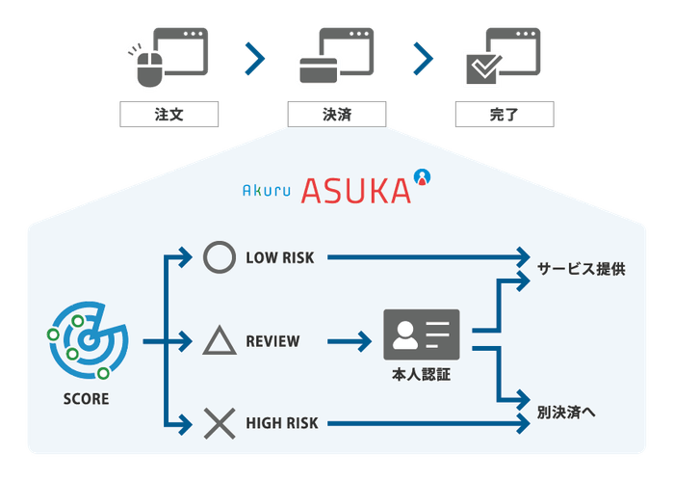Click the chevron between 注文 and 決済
tap(254, 59)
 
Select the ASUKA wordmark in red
tap(354, 190)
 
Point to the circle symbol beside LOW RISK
tap(219, 258)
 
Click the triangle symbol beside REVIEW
tap(219, 340)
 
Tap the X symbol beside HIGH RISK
tap(219, 422)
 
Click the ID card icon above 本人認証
tap(422, 334)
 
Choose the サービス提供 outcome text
tap(581, 269)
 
